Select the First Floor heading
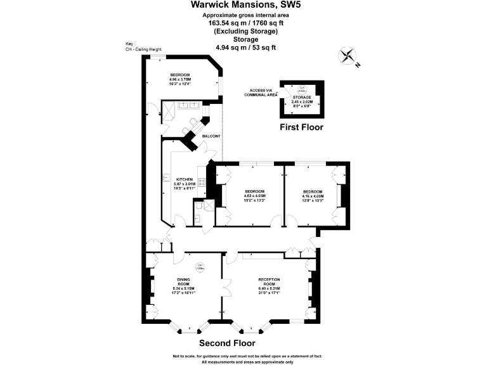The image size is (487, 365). [301, 127]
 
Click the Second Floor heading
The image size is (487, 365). [227, 343]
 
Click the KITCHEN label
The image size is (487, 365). [184, 179]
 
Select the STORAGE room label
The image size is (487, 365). [301, 97]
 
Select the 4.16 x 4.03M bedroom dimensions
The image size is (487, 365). [313, 196]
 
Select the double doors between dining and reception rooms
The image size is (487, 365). [223, 289]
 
